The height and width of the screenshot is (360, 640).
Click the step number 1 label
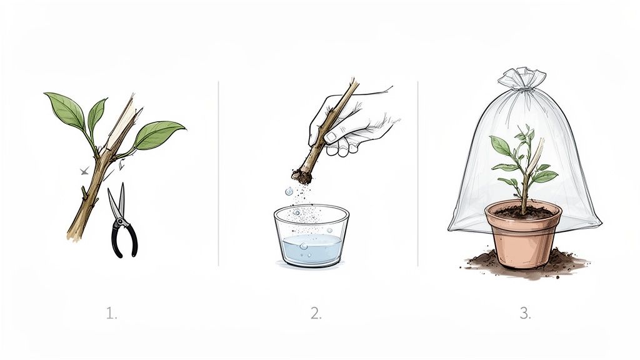tap(111, 314)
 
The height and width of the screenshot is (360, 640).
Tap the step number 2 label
tap(316, 314)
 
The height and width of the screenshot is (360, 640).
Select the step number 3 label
tap(525, 314)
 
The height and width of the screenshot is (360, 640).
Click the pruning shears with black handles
tap(122, 225)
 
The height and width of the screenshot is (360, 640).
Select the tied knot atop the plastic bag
tap(522, 80)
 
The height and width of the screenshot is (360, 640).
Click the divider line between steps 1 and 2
tap(218, 172)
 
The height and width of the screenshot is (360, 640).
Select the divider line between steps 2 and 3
tap(417, 172)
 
